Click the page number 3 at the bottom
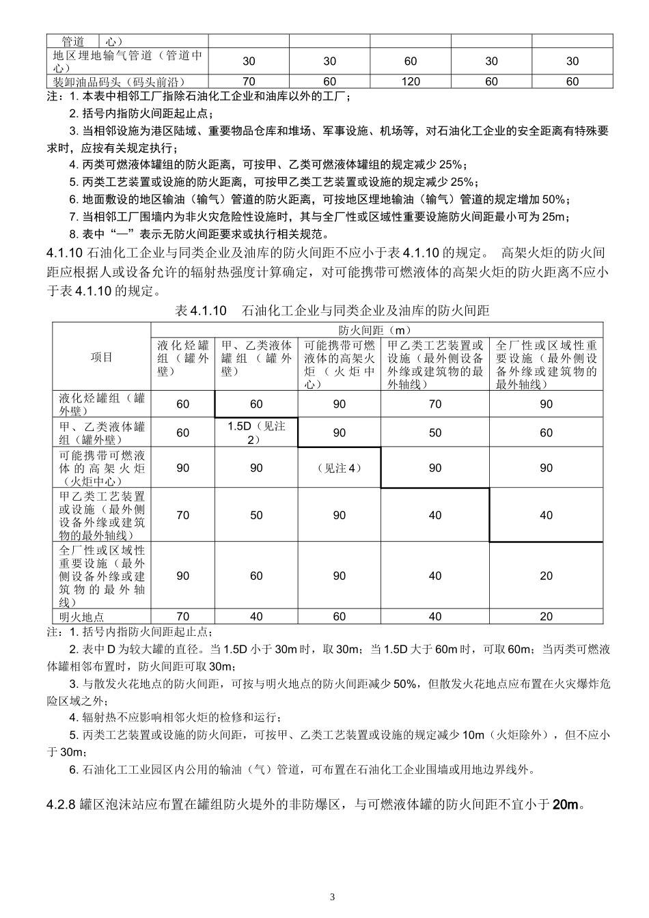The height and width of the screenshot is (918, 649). point(333,896)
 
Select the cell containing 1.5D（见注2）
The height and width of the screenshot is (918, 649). point(256,432)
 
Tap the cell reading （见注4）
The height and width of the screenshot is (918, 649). point(340,468)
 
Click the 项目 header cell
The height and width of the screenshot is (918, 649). point(102,357)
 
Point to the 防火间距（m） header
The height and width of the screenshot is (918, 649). point(376,330)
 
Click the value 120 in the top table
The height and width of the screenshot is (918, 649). point(411,81)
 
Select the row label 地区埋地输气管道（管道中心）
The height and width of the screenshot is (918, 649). point(127,61)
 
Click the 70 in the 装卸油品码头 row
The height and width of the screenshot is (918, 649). point(249,81)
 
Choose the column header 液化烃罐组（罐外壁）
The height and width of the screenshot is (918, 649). point(182,358)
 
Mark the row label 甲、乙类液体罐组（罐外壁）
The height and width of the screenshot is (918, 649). point(102,432)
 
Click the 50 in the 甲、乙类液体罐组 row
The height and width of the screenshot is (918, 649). point(435,432)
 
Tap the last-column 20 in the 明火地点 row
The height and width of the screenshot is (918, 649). point(546,616)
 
